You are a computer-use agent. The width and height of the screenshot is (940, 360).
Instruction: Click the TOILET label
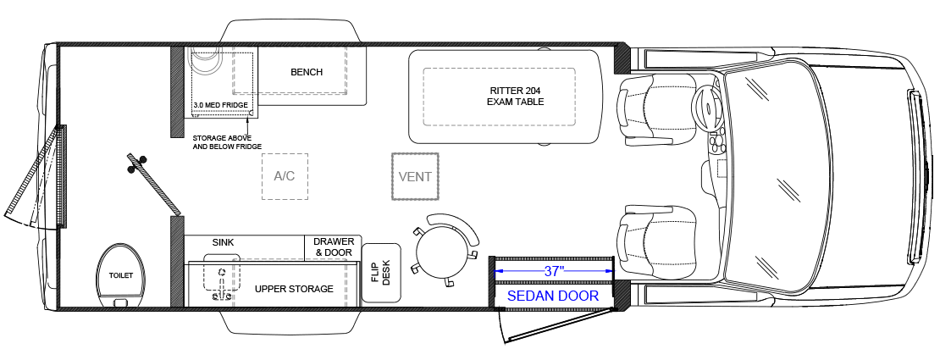121,275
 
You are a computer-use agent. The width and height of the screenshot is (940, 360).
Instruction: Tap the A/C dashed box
285,176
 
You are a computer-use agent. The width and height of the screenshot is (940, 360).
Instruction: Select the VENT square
416,177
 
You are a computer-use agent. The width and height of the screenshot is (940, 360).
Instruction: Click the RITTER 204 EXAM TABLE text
515,96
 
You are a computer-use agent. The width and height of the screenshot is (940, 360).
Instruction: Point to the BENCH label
307,72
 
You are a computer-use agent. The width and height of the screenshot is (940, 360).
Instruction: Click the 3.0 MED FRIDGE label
220,105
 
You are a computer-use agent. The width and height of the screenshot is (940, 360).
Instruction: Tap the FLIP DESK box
381,273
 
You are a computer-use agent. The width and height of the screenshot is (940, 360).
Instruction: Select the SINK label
223,242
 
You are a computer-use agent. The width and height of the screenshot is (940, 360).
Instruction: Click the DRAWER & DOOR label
334,247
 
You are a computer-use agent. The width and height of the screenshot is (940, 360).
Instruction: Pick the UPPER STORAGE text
294,289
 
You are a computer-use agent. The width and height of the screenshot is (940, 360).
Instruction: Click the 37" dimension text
555,271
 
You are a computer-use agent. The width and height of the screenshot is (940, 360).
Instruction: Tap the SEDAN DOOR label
553,296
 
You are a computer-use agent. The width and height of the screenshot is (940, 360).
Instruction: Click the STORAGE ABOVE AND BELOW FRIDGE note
226,141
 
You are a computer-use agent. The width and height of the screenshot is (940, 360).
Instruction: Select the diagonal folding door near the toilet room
153,183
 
